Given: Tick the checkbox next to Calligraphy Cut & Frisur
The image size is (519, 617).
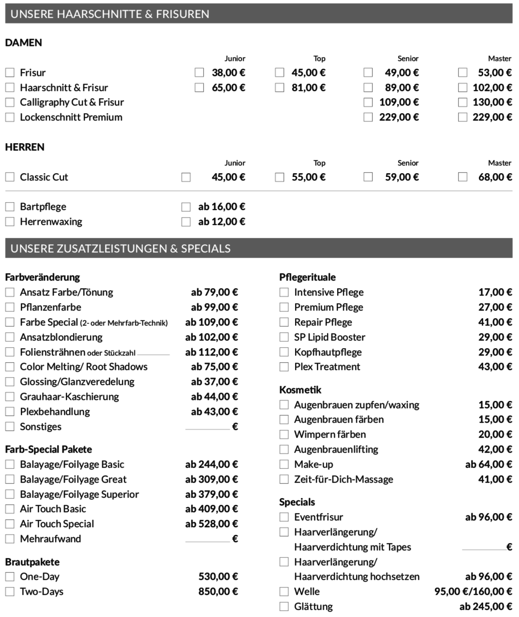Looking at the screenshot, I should click(10, 103).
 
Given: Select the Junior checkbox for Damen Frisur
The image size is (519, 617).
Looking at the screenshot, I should click(199, 73).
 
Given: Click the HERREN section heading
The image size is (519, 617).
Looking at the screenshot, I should click(25, 147).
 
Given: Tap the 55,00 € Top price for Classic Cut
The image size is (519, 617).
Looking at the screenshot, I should click(308, 177).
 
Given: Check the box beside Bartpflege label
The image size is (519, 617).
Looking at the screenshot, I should click(10, 207).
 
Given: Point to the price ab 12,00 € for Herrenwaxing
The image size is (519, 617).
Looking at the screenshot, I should click(222, 221).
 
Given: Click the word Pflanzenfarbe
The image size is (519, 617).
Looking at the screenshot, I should click(50, 307).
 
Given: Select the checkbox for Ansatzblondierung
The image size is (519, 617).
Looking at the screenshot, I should click(10, 337).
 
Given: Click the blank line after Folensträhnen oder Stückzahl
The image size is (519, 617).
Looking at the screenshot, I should click(153, 354).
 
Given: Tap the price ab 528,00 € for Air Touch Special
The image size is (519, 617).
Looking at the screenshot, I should click(211, 524).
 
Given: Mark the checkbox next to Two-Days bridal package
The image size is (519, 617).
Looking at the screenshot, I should click(10, 591).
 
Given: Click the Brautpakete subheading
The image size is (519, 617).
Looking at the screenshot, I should click(32, 562).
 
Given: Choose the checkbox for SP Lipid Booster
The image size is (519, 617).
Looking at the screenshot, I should click(284, 337).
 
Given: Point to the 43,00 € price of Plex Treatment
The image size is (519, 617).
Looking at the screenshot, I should click(495, 367).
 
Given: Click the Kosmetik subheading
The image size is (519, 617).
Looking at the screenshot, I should click(300, 390).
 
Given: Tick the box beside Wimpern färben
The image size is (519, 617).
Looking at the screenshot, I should click(284, 434).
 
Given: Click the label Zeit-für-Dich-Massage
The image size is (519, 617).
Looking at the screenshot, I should click(343, 479).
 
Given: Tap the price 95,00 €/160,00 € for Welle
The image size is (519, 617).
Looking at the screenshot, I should click(473, 591).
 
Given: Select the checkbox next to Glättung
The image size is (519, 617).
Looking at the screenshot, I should click(284, 606).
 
